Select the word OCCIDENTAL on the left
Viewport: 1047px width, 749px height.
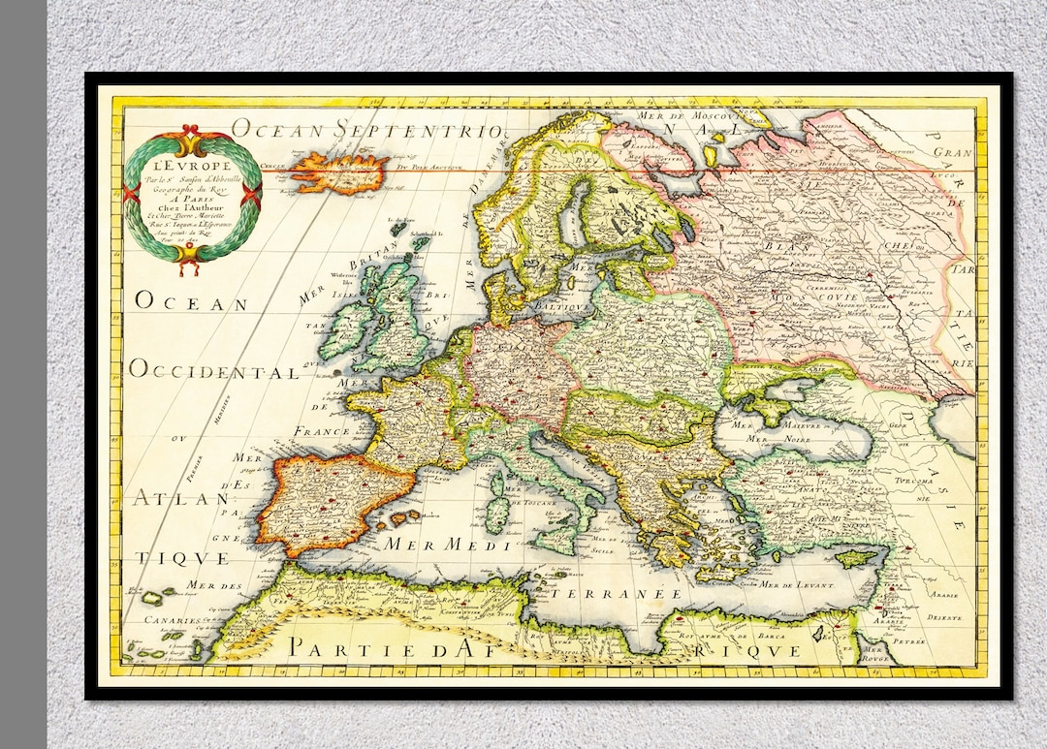(x=214, y=371)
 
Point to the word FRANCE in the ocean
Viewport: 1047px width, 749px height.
(x=324, y=431)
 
